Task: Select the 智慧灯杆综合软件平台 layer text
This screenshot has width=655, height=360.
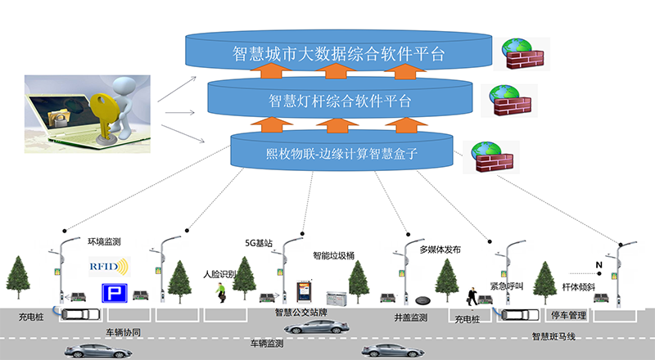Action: pos(339,101)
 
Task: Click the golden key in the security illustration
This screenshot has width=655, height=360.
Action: pos(106,110)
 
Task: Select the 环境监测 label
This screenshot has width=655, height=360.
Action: pos(104,241)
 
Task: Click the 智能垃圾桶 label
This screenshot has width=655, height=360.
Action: pos(333,255)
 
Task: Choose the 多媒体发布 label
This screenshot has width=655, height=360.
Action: pos(440,250)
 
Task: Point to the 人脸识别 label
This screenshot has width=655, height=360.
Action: pos(219,274)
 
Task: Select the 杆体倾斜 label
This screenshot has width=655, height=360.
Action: pos(577,287)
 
